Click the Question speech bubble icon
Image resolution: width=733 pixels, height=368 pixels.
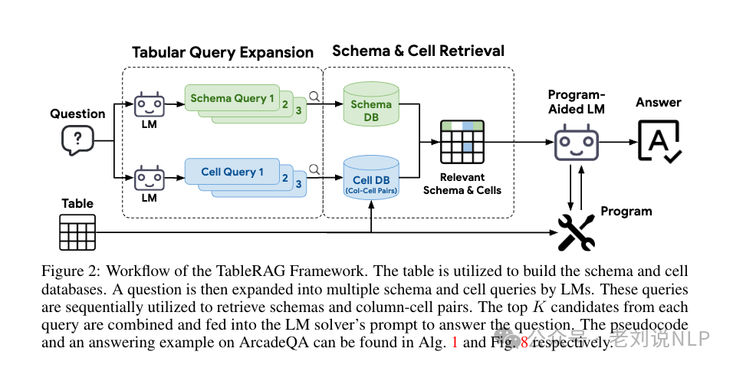click(78, 140)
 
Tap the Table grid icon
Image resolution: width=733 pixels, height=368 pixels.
click(77, 232)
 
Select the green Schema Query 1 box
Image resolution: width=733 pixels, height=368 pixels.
click(232, 98)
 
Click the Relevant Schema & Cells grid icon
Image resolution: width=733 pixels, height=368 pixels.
click(462, 142)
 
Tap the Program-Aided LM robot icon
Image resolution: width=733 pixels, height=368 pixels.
click(576, 143)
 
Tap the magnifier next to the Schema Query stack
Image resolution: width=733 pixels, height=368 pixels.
click(314, 97)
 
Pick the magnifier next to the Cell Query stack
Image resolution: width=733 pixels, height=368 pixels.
click(314, 169)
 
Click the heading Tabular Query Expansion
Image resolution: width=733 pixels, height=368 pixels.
click(222, 52)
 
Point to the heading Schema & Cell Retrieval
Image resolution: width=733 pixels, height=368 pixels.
click(418, 51)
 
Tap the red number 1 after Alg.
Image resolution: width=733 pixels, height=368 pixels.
click(455, 343)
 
